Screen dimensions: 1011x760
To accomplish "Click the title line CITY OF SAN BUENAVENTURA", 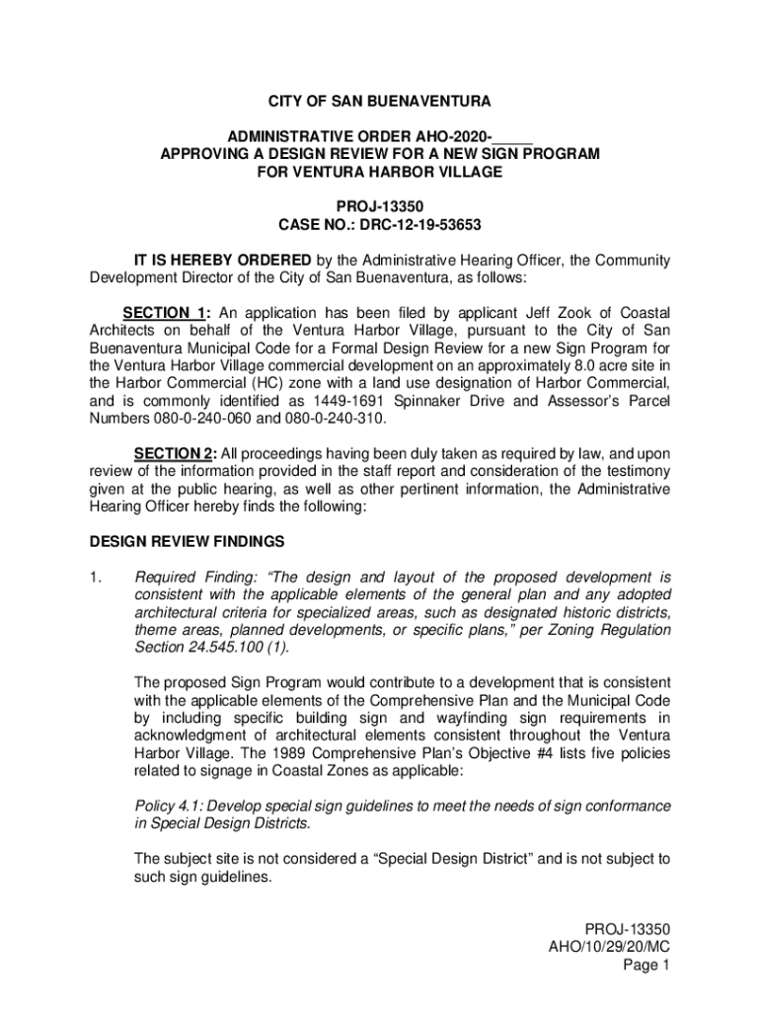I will coord(380,102).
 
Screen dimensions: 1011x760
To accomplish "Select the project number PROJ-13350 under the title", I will coord(380,207).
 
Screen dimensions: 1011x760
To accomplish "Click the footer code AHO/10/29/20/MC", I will coord(610,947).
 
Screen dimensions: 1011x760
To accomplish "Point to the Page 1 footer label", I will coord(646,965).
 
